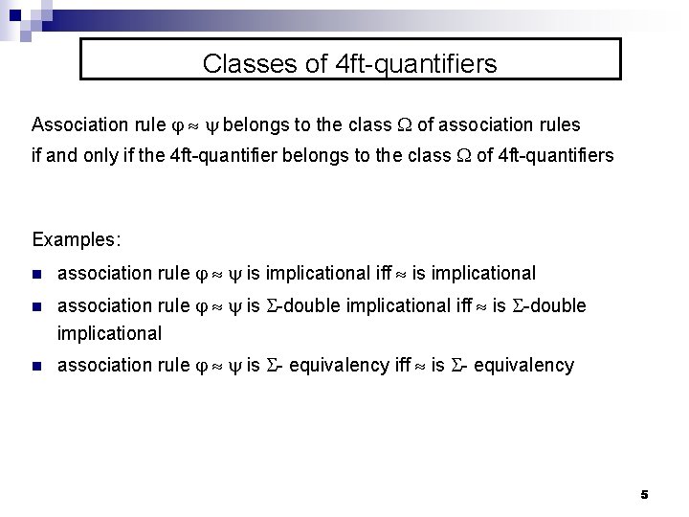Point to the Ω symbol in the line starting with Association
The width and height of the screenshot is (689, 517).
pos(405,125)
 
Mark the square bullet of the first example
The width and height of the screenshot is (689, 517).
pos(36,274)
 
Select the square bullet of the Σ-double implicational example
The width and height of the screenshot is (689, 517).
pos(36,306)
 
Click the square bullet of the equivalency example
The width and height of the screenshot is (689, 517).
pos(36,365)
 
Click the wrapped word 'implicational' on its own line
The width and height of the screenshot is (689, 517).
pos(109,334)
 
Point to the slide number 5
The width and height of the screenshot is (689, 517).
pos(644,495)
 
